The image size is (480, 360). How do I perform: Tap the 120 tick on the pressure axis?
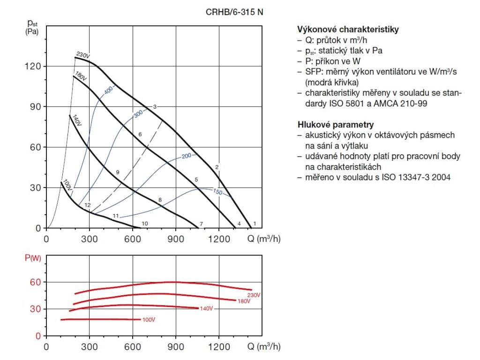tap(35, 66)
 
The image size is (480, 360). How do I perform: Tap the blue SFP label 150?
tap(217, 192)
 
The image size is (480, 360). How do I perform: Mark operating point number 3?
tap(154, 107)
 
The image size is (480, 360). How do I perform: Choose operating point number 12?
tap(87, 205)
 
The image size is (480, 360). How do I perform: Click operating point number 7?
tap(201, 224)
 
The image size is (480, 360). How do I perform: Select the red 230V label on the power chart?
tap(254, 295)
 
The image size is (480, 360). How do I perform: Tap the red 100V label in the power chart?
tap(149, 320)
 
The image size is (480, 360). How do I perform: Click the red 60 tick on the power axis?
tap(36, 282)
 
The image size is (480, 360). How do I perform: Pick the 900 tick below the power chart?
tap(176, 347)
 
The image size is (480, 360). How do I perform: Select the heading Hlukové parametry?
tap(335, 125)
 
